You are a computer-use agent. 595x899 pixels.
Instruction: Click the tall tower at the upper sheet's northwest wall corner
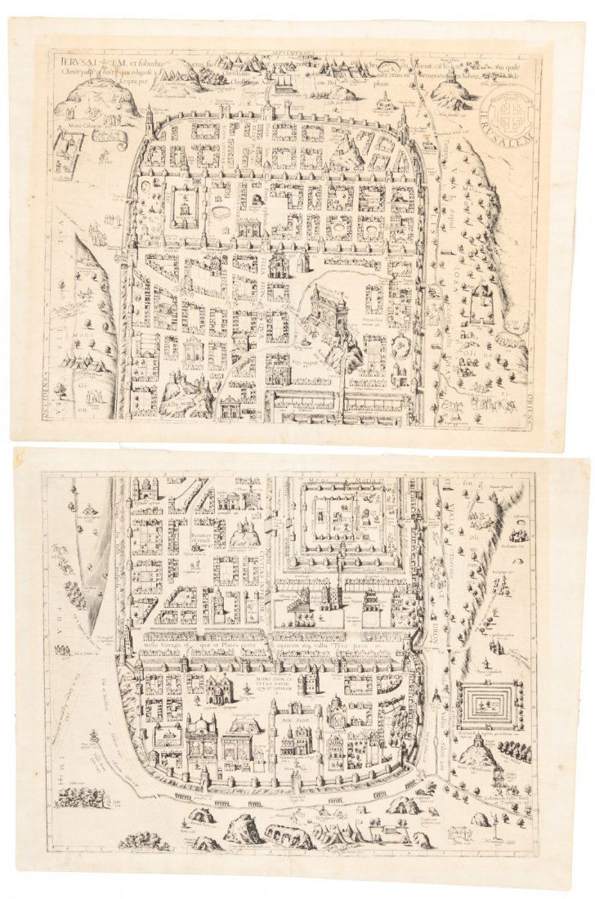point(150,123)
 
